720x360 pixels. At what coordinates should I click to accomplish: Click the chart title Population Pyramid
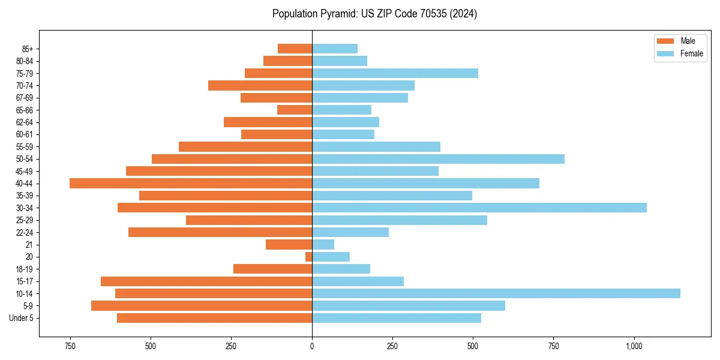(374, 14)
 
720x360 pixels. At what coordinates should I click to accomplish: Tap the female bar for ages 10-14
(496, 293)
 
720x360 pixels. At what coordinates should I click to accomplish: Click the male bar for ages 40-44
(191, 183)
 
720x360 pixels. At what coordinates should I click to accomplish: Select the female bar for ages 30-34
(479, 208)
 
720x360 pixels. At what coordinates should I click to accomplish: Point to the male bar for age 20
(308, 257)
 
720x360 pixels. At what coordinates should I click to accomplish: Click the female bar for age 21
(323, 244)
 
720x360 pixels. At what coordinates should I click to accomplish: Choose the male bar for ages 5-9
(202, 305)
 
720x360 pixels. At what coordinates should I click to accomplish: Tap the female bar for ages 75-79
(395, 73)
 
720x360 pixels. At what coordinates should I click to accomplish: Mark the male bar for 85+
(295, 49)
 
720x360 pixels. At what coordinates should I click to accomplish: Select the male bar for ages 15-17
(206, 281)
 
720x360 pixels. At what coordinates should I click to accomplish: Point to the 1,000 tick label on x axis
(634, 346)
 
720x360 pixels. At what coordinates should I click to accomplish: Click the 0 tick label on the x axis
(312, 346)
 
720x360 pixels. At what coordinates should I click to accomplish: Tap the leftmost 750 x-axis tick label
(70, 346)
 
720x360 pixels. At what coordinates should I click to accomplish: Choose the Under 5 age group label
(22, 318)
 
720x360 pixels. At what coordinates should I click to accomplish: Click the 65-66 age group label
(25, 110)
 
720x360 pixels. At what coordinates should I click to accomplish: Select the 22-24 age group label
(25, 232)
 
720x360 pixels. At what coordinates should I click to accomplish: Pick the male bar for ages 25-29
(249, 220)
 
